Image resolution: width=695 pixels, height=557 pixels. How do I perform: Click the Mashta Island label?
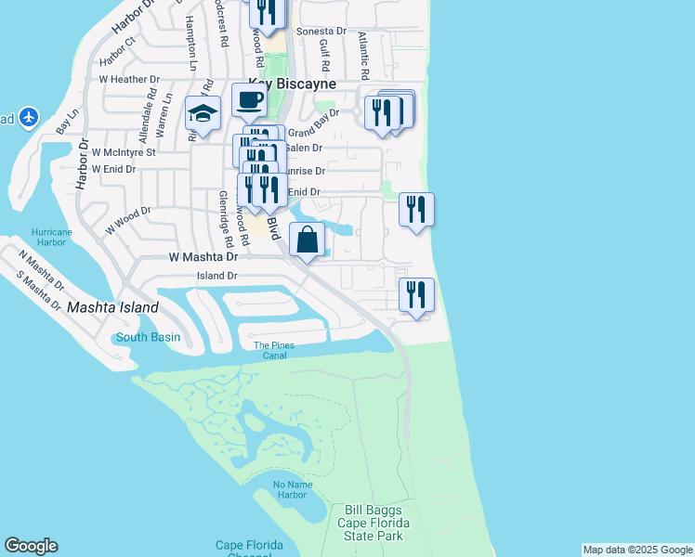point(112,307)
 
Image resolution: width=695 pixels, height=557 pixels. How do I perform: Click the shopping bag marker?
point(308,241)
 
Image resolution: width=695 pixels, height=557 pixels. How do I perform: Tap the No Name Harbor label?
point(290,489)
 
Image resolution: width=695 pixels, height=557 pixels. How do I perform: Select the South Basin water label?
point(148,337)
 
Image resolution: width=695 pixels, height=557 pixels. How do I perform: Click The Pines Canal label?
point(274,350)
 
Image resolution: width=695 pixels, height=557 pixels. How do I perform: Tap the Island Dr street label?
point(217,276)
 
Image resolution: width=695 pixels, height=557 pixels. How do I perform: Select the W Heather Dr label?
point(129,80)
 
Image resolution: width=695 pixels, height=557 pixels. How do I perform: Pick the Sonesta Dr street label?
point(321,32)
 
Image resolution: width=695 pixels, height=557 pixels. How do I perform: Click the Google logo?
point(31,546)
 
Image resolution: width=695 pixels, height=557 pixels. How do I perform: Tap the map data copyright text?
point(637,550)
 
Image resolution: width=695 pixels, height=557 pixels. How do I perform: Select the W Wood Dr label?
point(127,219)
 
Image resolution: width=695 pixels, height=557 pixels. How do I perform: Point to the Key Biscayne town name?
point(290,84)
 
